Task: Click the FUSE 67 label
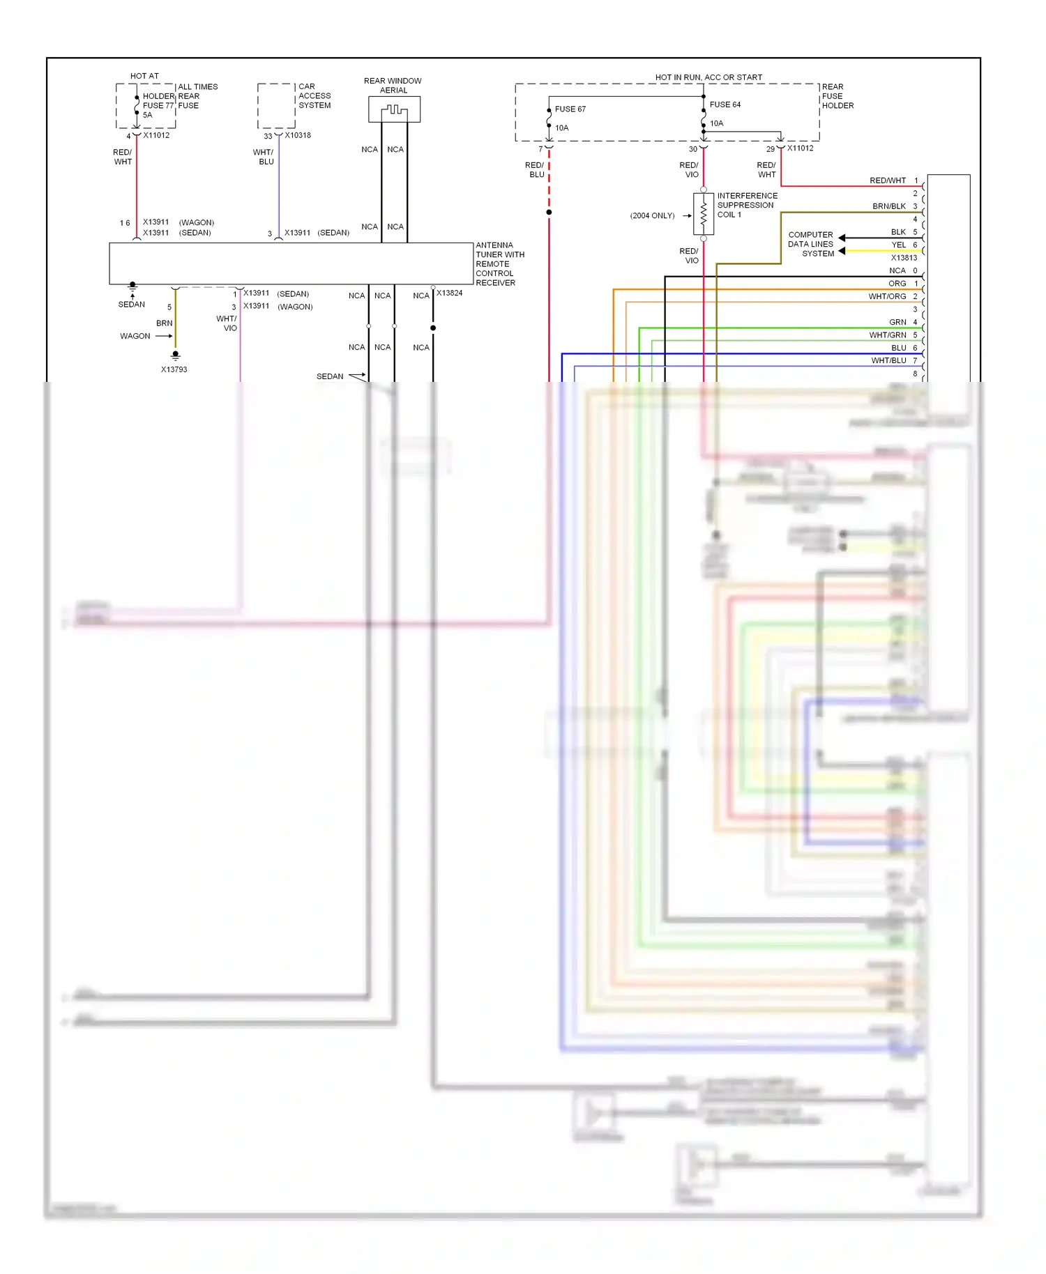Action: pyautogui.click(x=570, y=109)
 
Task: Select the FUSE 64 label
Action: pyautogui.click(x=725, y=105)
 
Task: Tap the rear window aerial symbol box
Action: pyautogui.click(x=394, y=109)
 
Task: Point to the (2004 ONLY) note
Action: pyautogui.click(x=652, y=216)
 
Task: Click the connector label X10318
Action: pyautogui.click(x=298, y=135)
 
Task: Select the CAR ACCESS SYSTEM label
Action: pyautogui.click(x=314, y=96)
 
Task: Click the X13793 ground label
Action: pyautogui.click(x=174, y=369)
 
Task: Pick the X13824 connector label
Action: pyautogui.click(x=449, y=293)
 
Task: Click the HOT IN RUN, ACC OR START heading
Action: pyautogui.click(x=708, y=77)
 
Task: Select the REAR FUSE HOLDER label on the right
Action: pyautogui.click(x=837, y=96)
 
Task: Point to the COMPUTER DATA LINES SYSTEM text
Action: pyautogui.click(x=810, y=245)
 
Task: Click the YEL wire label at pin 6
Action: pyautogui.click(x=898, y=245)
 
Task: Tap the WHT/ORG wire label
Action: pyautogui.click(x=887, y=297)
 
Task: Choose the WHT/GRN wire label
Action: pyautogui.click(x=887, y=335)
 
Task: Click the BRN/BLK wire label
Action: pyautogui.click(x=888, y=206)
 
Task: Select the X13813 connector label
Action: pyautogui.click(x=904, y=258)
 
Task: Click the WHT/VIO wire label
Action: pyautogui.click(x=227, y=323)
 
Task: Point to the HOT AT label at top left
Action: pyautogui.click(x=144, y=76)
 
